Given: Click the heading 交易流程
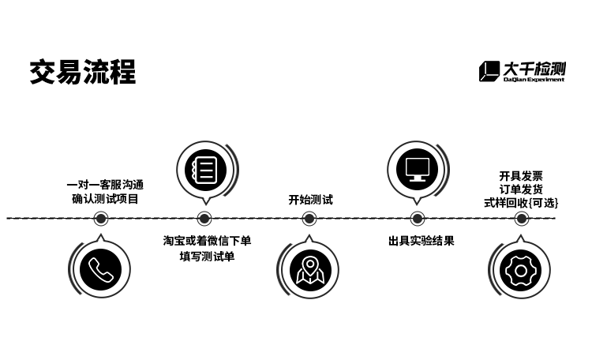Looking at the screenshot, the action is click(x=83, y=72).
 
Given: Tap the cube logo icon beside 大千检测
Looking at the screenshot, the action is click(x=489, y=71).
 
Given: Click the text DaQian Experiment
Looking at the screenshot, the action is click(x=534, y=79).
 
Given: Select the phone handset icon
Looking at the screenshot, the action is click(x=101, y=270).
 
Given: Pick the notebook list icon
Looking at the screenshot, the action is click(x=205, y=170).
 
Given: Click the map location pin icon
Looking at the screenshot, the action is click(x=310, y=271).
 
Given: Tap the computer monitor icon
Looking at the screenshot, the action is click(x=418, y=170).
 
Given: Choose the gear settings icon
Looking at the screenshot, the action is click(x=521, y=271).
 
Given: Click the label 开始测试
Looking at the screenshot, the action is click(x=311, y=200).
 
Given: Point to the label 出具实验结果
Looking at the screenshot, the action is click(x=421, y=241).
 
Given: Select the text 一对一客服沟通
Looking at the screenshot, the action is click(x=105, y=185).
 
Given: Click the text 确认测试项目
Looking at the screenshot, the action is click(x=105, y=199).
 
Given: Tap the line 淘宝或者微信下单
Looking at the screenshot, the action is click(x=207, y=241).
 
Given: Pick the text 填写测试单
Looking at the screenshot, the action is click(x=207, y=257).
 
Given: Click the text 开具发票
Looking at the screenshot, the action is click(x=521, y=176).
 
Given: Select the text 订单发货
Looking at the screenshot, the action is click(x=521, y=189).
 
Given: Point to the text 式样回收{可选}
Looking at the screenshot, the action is click(x=521, y=203).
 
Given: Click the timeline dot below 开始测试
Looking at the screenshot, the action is click(x=309, y=219).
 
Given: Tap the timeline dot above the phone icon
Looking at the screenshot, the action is click(x=101, y=219).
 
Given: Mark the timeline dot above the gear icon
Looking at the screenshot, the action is click(x=522, y=219).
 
